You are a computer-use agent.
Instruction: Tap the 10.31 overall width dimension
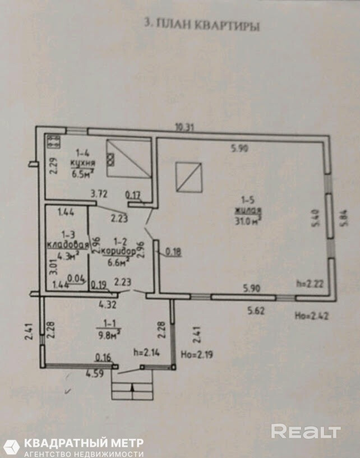pos(183,127)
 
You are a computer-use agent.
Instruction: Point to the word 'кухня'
pos(82,163)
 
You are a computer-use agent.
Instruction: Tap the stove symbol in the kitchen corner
pos(54,141)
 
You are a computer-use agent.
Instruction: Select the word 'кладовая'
pos(68,244)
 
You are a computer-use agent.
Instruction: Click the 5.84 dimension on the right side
pos(345,216)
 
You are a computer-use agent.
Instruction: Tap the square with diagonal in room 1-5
pos(188,177)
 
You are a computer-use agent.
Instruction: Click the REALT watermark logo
pos(306,431)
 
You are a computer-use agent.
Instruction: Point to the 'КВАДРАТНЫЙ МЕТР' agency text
pos(82,443)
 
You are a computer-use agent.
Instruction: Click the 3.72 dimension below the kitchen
pos(99,194)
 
